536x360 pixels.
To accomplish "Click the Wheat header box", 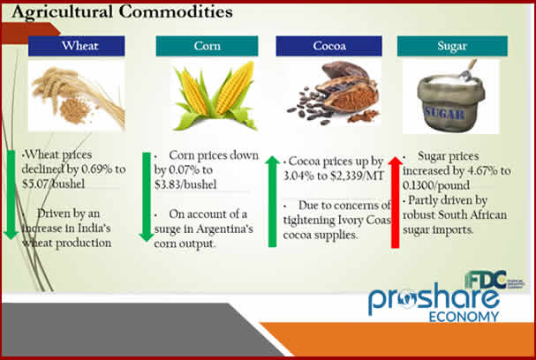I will pyautogui.click(x=72, y=47).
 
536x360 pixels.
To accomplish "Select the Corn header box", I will pyautogui.click(x=207, y=47).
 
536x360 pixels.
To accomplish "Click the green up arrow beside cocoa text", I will pyautogui.click(x=273, y=199).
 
